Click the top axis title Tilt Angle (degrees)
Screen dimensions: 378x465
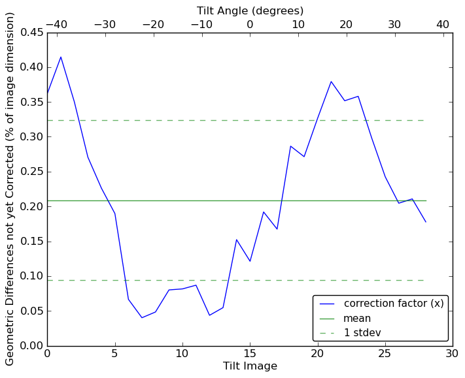click(x=250, y=10)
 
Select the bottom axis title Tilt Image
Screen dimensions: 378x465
click(x=250, y=366)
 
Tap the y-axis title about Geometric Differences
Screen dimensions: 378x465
click(x=10, y=189)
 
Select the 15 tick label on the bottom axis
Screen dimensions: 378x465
click(x=250, y=353)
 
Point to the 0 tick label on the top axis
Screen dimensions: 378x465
click(x=250, y=24)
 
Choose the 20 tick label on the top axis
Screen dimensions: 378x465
click(x=346, y=24)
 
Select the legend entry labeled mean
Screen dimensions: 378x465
click(x=357, y=319)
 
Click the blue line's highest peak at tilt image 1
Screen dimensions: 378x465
click(x=61, y=57)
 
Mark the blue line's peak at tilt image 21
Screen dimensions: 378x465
click(x=331, y=82)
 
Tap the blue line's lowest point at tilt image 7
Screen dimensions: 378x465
click(x=142, y=317)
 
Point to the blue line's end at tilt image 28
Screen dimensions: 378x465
click(x=426, y=222)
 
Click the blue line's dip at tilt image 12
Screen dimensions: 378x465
click(x=209, y=315)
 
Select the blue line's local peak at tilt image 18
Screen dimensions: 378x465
click(x=290, y=146)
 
